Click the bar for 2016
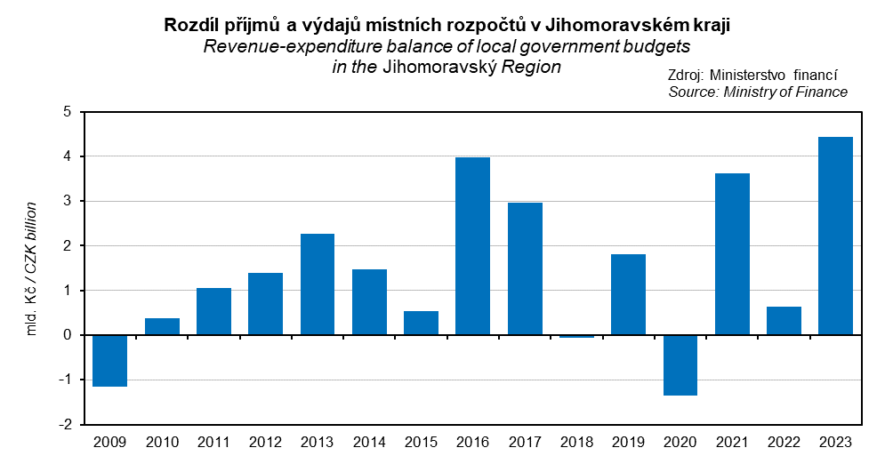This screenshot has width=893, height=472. coord(472,246)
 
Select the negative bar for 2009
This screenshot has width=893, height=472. coord(109,361)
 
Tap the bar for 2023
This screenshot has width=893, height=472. coord(835,236)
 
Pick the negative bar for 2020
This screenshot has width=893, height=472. coord(680,365)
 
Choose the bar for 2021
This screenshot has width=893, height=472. coord(732,254)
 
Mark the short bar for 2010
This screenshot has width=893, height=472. coord(162,326)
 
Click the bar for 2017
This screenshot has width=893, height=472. coord(524,268)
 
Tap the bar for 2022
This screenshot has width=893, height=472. coord(784,321)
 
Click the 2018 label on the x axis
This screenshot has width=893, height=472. coord(576,442)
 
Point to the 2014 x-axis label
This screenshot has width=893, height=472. coord(369,442)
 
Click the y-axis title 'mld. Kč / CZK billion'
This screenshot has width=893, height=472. coord(31,268)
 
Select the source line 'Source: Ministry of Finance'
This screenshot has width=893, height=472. coord(758,92)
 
